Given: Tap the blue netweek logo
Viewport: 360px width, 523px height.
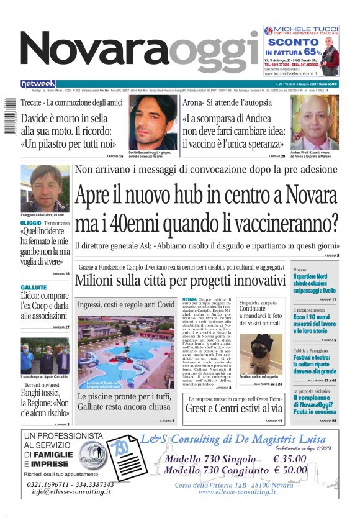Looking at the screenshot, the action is click(x=38, y=84).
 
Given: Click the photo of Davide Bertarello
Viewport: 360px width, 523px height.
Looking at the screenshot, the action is click(x=153, y=122).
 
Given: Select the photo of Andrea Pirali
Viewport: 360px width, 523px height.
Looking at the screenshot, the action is click(x=314, y=122).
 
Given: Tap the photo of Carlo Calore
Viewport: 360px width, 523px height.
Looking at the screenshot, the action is click(x=45, y=188).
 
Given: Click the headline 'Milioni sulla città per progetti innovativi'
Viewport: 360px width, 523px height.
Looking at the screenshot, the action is click(x=180, y=280).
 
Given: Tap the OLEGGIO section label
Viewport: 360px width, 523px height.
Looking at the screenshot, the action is click(x=31, y=223).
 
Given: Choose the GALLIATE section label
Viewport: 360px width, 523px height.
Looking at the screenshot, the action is click(x=34, y=288).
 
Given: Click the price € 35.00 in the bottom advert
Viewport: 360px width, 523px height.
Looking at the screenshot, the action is click(x=290, y=459).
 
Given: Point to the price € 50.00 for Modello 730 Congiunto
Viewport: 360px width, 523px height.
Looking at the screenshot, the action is click(x=290, y=470).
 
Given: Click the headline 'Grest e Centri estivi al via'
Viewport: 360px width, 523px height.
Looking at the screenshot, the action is click(x=233, y=408).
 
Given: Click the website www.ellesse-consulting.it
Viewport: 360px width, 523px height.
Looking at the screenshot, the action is click(x=237, y=492).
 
